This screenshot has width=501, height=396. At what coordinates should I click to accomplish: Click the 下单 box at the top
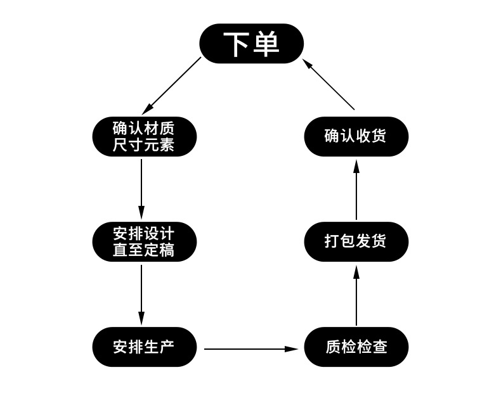251,44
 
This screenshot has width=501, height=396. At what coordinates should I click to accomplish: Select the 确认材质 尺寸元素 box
144,136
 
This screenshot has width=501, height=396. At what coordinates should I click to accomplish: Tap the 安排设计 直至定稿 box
144,241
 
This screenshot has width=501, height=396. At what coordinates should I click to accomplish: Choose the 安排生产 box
144,347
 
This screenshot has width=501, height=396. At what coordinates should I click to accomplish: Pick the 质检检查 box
356,347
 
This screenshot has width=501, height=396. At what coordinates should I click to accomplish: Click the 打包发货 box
356,241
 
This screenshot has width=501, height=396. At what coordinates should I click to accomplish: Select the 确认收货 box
356,136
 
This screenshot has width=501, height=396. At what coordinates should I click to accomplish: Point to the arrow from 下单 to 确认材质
171,86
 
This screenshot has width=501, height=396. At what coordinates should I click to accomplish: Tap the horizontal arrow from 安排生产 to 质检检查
251,348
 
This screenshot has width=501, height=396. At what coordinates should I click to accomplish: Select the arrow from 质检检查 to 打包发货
356,295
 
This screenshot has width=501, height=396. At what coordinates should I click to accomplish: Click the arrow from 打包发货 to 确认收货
356,189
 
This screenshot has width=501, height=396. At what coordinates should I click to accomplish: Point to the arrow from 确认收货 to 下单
329,84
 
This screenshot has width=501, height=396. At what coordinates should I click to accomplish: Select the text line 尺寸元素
144,145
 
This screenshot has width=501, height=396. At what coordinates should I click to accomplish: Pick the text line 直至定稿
144,250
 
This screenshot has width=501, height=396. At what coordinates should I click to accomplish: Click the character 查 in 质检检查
379,347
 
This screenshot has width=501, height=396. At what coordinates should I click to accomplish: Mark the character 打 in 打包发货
332,241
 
